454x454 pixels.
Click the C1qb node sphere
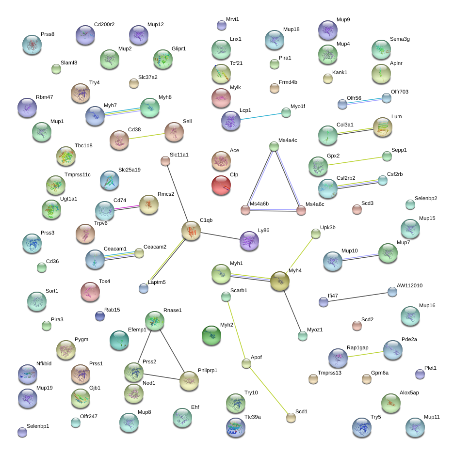pyautogui.click(x=191, y=231)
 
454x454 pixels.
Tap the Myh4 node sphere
pyautogui.click(x=280, y=281)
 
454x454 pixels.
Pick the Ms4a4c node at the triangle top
pyautogui.click(x=274, y=146)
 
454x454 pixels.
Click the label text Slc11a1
pyautogui.click(x=179, y=155)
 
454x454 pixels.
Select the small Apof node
pyautogui.click(x=246, y=363)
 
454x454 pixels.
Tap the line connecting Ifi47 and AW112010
pyautogui.click(x=358, y=297)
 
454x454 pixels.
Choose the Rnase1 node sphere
pyautogui.click(x=155, y=321)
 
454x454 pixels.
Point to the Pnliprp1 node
pyautogui.click(x=189, y=381)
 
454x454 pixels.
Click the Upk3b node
pyautogui.click(x=316, y=234)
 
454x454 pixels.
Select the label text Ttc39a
pyautogui.click(x=252, y=417)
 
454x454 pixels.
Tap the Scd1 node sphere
pyautogui.click(x=291, y=417)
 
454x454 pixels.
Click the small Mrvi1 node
pyautogui.click(x=220, y=25)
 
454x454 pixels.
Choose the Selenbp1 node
pyautogui.click(x=22, y=432)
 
